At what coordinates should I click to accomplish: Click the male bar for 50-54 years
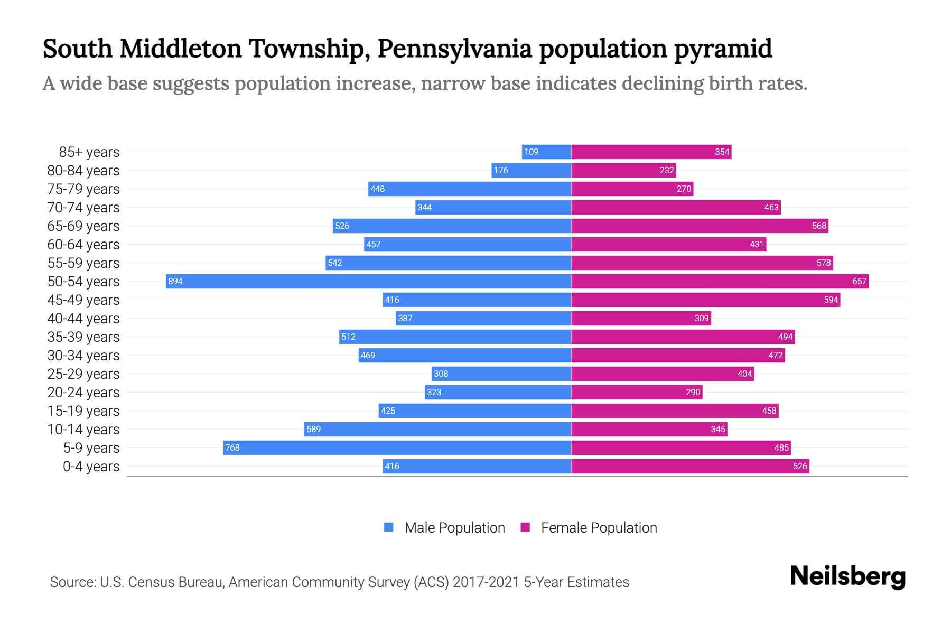368,281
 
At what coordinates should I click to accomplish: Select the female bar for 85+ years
651,152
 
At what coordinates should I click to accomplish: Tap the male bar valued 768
397,447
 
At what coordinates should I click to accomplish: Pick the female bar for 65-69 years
700,226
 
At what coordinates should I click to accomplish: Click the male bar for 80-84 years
531,170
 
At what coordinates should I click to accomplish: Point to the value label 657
859,282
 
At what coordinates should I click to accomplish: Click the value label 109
531,152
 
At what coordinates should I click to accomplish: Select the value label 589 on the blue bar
314,429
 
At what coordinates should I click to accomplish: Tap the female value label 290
693,392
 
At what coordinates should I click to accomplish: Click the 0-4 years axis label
91,467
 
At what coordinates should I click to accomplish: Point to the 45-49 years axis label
83,300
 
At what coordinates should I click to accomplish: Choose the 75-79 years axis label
83,189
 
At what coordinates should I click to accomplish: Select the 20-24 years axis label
83,393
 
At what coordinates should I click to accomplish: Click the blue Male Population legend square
389,527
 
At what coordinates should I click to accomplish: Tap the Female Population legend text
599,528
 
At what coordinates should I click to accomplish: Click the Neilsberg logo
847,576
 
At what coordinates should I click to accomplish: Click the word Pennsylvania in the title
454,49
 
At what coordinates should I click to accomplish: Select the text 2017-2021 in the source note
486,582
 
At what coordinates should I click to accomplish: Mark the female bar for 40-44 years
641,318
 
